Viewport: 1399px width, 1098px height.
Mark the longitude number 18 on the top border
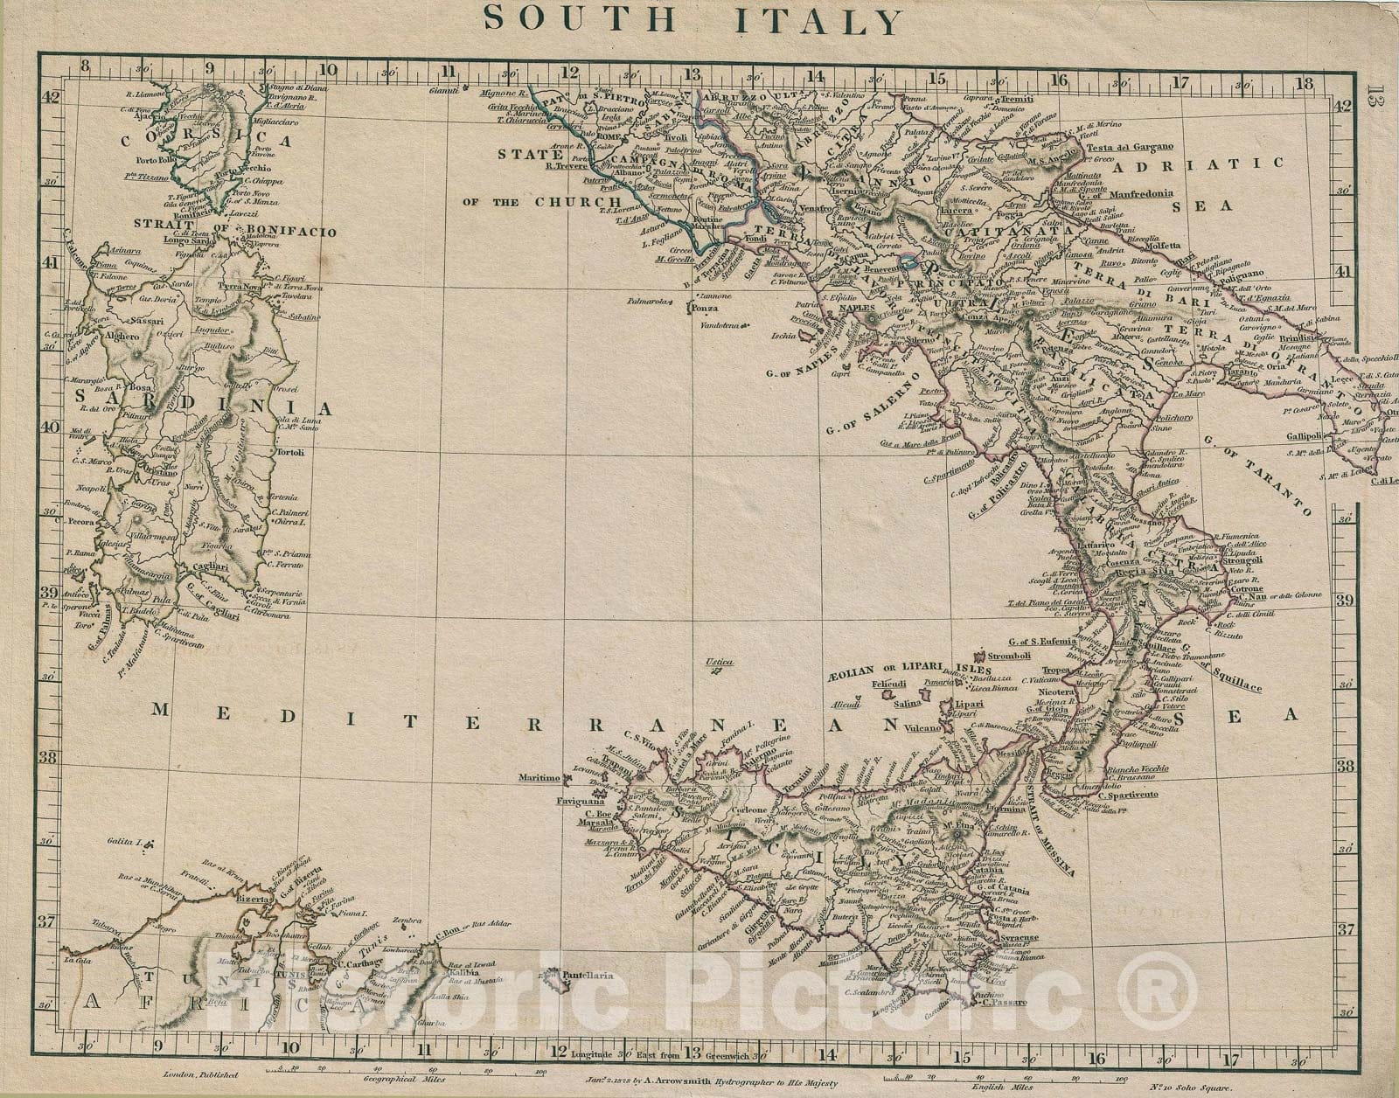coord(1306,84)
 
